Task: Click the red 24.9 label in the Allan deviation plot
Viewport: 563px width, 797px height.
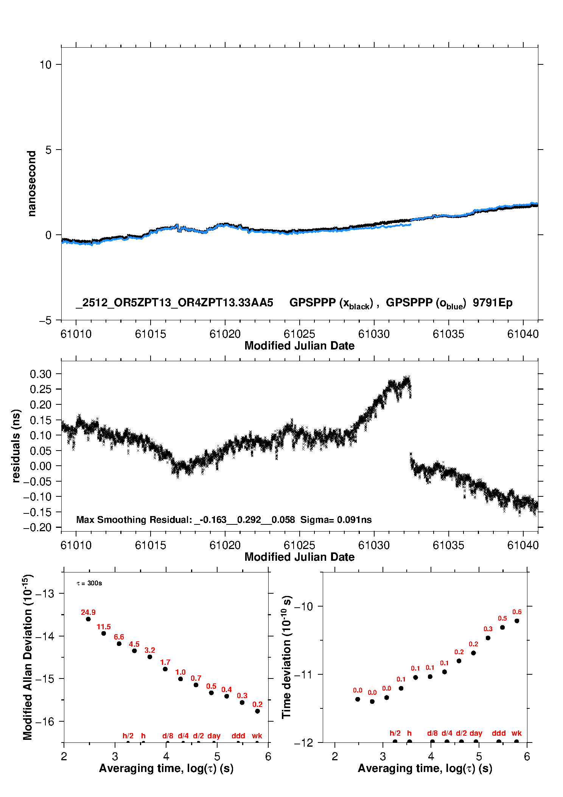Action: [88, 612]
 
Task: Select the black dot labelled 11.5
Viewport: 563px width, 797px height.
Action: [104, 633]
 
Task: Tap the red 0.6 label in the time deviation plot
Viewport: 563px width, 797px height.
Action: [517, 612]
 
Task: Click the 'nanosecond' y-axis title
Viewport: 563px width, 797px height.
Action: [32, 184]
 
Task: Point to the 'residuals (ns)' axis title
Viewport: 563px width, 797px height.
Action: [16, 446]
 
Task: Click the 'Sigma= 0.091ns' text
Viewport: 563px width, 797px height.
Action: [336, 519]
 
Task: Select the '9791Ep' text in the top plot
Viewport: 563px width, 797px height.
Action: [493, 303]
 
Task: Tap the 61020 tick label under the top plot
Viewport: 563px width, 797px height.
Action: [225, 334]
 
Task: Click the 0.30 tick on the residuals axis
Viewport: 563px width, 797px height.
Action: [40, 374]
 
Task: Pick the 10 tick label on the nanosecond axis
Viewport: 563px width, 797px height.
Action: [45, 65]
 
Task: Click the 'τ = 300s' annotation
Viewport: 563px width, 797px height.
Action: [89, 583]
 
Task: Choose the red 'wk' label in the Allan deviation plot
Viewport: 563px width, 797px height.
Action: [257, 736]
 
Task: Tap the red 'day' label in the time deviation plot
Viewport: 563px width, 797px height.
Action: [476, 733]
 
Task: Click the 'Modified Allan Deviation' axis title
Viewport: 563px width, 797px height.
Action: [28, 657]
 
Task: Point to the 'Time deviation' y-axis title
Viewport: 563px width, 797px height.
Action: [286, 657]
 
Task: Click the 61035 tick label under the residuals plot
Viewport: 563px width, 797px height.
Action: [448, 546]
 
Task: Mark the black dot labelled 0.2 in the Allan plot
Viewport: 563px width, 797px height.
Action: [257, 711]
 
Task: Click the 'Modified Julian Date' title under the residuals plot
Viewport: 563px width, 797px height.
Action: [299, 557]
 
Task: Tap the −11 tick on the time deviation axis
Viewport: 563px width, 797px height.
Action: [303, 674]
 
